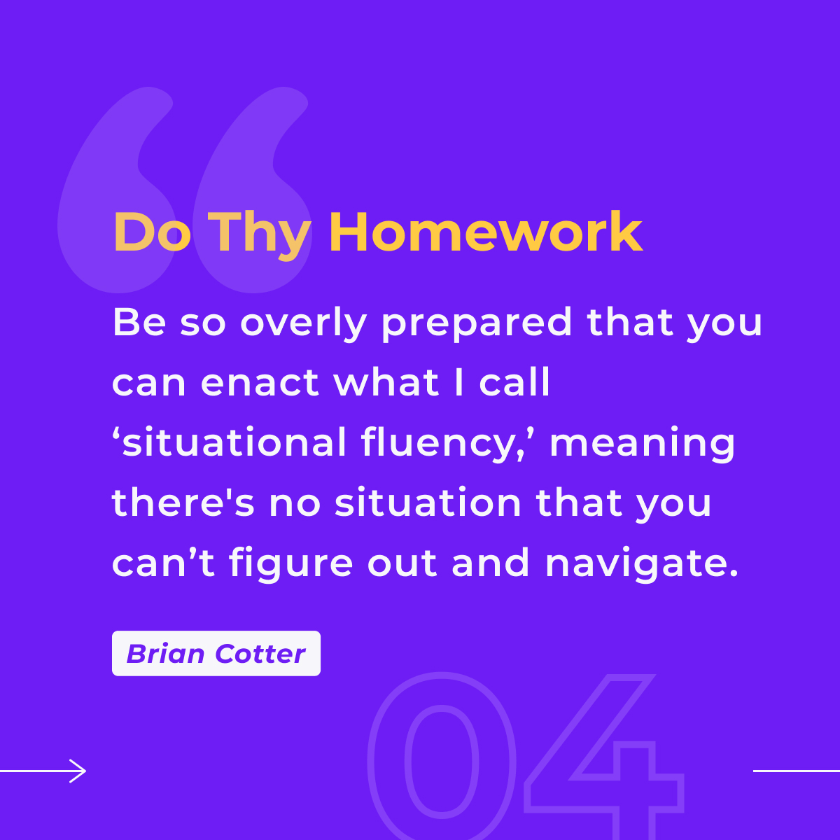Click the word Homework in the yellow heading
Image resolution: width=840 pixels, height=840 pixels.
pyautogui.click(x=486, y=232)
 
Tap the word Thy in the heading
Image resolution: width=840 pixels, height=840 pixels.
pyautogui.click(x=260, y=236)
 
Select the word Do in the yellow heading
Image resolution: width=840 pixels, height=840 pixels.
pyautogui.click(x=152, y=232)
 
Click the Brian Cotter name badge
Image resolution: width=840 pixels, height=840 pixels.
pyautogui.click(x=216, y=653)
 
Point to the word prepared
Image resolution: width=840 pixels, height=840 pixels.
pyautogui.click(x=477, y=325)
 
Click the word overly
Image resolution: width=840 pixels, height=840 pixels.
pyautogui.click(x=303, y=325)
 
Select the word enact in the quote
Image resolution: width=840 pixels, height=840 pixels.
pyautogui.click(x=260, y=382)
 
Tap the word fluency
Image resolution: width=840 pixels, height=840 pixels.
pyautogui.click(x=442, y=444)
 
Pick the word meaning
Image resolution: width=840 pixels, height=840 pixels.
pyautogui.click(x=643, y=444)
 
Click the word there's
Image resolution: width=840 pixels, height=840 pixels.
pyautogui.click(x=183, y=501)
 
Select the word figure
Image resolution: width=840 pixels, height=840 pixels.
pyautogui.click(x=290, y=564)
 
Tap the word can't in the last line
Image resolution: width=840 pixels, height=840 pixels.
pyautogui.click(x=164, y=562)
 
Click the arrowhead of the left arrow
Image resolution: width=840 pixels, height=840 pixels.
pyautogui.click(x=78, y=771)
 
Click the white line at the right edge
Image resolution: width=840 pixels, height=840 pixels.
pyautogui.click(x=797, y=771)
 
